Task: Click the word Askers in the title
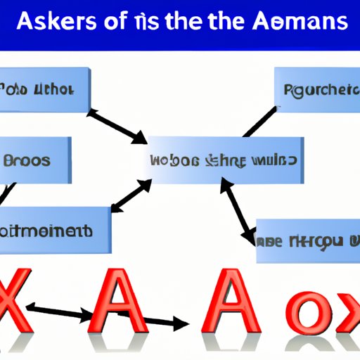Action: tap(56, 22)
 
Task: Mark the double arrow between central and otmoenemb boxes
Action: tap(132, 195)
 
